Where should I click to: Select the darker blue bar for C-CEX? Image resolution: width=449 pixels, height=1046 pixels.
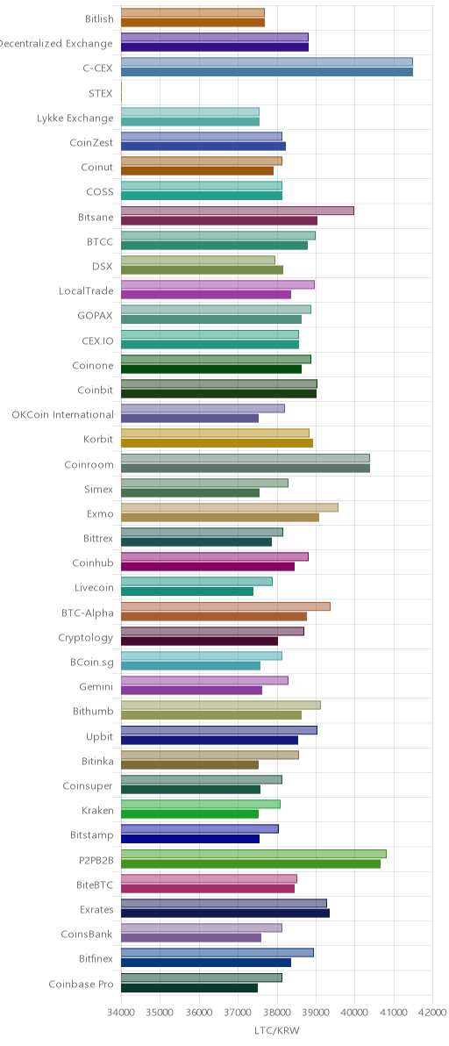[x=267, y=72]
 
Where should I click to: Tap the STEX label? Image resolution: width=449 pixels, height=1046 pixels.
[x=101, y=93]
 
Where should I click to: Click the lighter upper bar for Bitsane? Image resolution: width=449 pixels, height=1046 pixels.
[x=238, y=211]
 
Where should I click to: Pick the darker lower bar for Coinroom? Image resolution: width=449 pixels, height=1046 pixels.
[x=246, y=469]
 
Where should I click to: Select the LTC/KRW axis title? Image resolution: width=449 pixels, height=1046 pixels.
[x=277, y=1031]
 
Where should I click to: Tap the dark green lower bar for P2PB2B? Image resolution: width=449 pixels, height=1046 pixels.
[x=251, y=863]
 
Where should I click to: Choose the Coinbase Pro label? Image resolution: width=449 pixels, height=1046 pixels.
[x=82, y=984]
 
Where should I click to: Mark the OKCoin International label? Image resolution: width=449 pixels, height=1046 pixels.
[x=62, y=414]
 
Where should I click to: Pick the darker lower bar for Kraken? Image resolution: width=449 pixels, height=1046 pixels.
[x=189, y=813]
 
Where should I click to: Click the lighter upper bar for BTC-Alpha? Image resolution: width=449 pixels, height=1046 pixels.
[x=226, y=606]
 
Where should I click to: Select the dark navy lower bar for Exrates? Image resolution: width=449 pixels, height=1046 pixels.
[x=225, y=913]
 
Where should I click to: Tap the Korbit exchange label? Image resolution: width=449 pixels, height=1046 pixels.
[x=98, y=440]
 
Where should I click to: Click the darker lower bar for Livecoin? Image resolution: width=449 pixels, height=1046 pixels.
[x=187, y=591]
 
